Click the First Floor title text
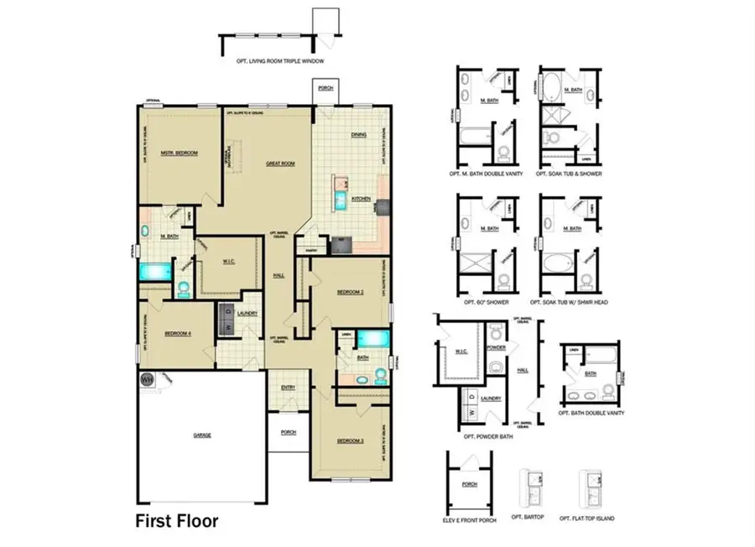tap(177, 521)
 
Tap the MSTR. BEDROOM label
tap(179, 153)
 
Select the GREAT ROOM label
tap(279, 164)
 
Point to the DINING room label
tap(358, 134)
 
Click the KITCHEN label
tap(361, 199)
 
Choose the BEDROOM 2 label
tap(349, 292)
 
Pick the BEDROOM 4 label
tap(178, 332)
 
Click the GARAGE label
tap(202, 435)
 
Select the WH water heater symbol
tap(148, 379)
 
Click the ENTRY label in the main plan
tap(288, 387)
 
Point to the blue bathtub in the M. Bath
tap(154, 272)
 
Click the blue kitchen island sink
tap(341, 199)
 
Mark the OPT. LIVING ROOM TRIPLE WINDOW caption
tap(280, 61)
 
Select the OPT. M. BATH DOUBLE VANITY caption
tap(487, 174)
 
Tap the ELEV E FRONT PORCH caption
tap(470, 519)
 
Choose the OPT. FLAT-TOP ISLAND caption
tap(587, 519)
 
